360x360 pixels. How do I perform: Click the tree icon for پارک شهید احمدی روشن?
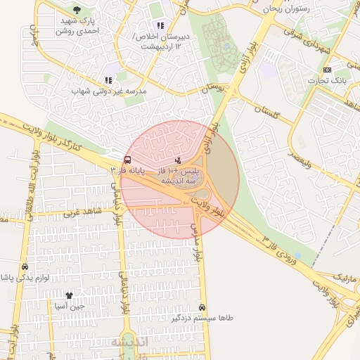76,10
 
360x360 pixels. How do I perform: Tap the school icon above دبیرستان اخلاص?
161,26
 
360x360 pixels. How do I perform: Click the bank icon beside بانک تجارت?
327,70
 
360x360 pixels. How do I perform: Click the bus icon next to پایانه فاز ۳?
127,160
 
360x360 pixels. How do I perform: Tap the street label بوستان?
216,89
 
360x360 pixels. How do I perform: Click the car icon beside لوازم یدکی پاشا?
25,267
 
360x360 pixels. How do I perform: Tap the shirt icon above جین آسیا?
69,295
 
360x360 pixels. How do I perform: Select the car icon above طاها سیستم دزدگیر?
202,307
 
